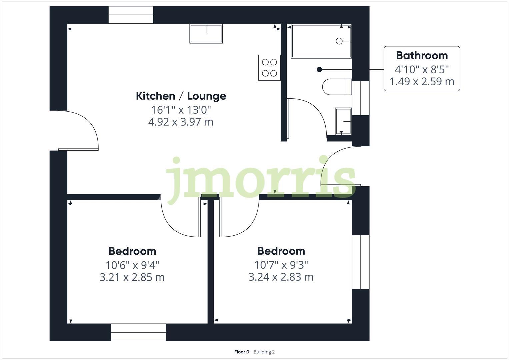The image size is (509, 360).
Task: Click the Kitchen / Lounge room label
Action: [181, 96]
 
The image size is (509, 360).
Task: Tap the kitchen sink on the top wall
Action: [206, 34]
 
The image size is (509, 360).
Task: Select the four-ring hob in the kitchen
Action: [269, 68]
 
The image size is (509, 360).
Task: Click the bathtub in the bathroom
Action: [321, 41]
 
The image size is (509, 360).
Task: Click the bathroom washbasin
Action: [343, 121]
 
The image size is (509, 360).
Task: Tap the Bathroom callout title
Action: [422, 55]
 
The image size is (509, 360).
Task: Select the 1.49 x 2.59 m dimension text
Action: [422, 82]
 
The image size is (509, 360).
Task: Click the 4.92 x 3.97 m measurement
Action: [181, 122]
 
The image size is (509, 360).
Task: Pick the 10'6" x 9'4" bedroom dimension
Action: [132, 265]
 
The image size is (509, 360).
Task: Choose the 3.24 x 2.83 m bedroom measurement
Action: [281, 277]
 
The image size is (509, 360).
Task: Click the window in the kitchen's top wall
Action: [131, 15]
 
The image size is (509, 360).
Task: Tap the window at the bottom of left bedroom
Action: [138, 332]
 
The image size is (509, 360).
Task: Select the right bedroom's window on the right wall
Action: [361, 262]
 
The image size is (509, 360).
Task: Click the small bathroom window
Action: [361, 98]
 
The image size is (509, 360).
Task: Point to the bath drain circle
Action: [339, 41]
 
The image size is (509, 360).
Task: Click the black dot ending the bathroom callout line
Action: [319, 69]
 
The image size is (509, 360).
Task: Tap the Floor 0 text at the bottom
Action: [242, 352]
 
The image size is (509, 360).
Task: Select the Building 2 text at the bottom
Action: [264, 352]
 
